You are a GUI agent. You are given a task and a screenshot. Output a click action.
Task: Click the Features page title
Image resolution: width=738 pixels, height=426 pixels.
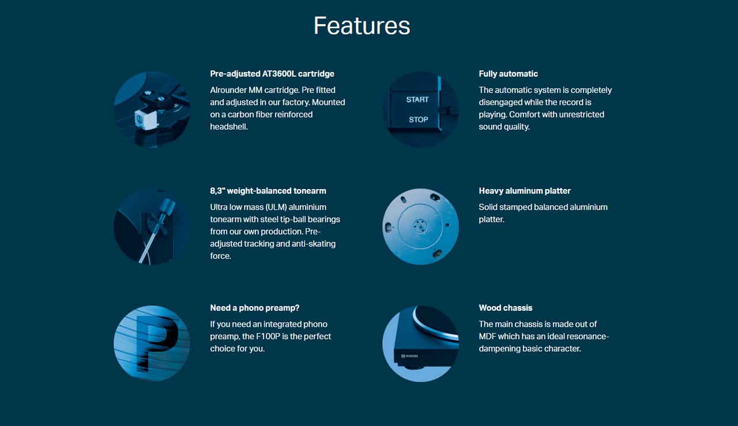click(x=362, y=26)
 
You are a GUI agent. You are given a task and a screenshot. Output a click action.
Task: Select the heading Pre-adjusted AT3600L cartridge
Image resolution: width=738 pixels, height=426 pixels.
click(x=272, y=74)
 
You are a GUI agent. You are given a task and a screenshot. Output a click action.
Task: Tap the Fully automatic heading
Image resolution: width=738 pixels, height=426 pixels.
click(x=508, y=74)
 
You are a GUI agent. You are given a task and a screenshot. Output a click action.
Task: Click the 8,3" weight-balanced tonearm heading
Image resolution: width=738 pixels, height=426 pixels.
click(x=268, y=191)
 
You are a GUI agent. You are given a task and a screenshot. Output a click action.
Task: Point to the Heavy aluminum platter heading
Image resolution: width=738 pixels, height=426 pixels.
click(x=525, y=191)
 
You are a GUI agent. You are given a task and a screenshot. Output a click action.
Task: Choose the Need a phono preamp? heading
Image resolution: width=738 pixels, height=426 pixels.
click(x=254, y=308)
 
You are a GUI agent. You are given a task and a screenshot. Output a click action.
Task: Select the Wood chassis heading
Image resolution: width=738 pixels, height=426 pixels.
click(x=505, y=308)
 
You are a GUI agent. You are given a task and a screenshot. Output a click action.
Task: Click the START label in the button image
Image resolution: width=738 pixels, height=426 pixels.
click(x=417, y=99)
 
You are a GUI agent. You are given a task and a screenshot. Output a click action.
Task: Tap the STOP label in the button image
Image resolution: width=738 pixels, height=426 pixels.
click(x=419, y=119)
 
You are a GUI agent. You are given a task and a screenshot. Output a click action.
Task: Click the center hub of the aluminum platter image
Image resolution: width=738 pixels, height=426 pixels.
click(x=420, y=227)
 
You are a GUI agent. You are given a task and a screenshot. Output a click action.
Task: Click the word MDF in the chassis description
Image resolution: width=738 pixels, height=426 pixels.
click(x=488, y=336)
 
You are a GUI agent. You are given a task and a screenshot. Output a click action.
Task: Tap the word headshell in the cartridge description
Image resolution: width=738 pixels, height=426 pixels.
click(x=229, y=127)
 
